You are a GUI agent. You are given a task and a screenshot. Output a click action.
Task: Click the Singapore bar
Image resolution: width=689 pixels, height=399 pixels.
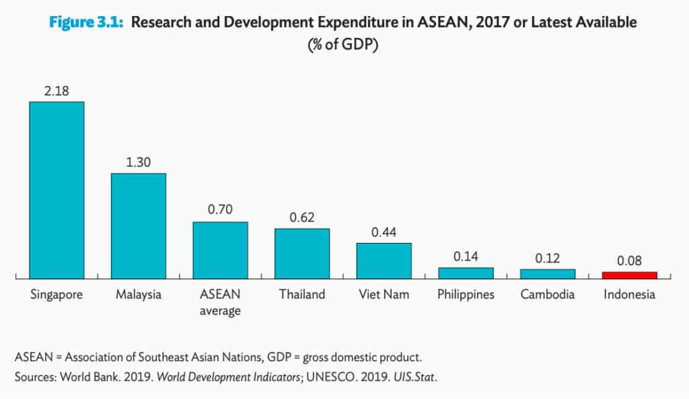(x=57, y=190)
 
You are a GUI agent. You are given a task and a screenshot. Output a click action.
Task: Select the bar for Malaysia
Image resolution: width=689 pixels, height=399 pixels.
(x=138, y=225)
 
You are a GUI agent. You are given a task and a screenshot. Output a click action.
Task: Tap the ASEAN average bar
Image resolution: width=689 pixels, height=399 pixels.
(x=220, y=250)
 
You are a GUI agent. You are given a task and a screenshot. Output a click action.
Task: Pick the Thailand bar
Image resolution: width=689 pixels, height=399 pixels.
(x=301, y=253)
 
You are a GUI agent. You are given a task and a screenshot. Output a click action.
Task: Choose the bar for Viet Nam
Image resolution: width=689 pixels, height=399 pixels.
(x=384, y=260)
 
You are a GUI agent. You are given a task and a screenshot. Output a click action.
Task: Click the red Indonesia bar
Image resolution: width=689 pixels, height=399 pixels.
(x=629, y=275)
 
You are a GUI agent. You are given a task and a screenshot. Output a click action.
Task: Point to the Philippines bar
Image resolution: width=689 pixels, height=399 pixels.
(x=466, y=273)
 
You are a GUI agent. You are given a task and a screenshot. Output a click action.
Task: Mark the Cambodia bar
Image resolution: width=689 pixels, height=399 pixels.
(x=547, y=273)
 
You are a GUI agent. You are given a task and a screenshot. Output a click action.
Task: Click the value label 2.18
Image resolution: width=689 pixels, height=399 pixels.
(x=57, y=90)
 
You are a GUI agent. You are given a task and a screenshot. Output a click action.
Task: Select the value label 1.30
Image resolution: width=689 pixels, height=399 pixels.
(x=138, y=162)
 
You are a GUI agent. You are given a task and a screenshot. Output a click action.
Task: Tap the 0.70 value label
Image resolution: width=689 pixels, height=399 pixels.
(x=220, y=210)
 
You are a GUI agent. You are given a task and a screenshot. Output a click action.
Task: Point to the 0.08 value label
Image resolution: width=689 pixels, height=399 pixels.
(x=629, y=260)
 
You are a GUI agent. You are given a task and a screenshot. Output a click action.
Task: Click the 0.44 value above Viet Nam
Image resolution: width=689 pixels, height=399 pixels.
(x=384, y=231)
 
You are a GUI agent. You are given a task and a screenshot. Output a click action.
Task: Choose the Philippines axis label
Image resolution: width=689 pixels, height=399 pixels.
(x=466, y=295)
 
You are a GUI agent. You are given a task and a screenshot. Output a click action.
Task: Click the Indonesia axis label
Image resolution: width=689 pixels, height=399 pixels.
(x=629, y=295)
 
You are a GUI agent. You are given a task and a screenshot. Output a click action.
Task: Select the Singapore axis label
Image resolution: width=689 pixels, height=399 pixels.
(x=57, y=295)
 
